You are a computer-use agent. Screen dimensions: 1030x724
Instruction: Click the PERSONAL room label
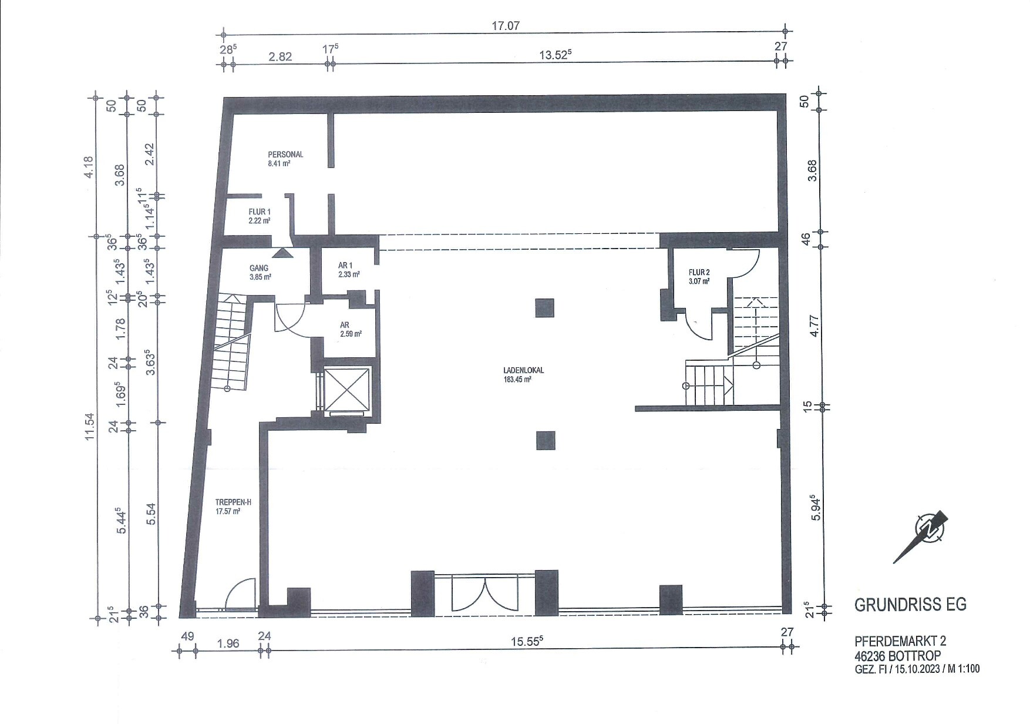pyautogui.click(x=285, y=155)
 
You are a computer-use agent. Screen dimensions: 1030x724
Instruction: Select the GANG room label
pyautogui.click(x=259, y=268)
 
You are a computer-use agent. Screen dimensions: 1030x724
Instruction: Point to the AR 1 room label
pyautogui.click(x=345, y=265)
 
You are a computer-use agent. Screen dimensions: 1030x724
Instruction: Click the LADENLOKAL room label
pyautogui.click(x=524, y=371)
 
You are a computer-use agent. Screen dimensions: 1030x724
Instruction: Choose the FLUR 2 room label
pyautogui.click(x=699, y=273)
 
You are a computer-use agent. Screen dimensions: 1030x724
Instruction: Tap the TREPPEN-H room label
pyautogui.click(x=234, y=502)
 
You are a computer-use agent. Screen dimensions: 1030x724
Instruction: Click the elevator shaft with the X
pyautogui.click(x=347, y=390)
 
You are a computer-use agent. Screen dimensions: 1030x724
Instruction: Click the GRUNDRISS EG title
pyautogui.click(x=910, y=605)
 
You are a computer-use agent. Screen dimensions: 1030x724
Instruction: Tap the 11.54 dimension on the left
pyautogui.click(x=89, y=427)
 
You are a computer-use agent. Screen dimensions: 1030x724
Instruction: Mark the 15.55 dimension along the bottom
pyautogui.click(x=526, y=642)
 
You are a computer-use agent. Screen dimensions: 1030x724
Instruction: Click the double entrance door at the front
pyautogui.click(x=484, y=594)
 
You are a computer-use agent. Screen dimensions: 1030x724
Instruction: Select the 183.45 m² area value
pyautogui.click(x=517, y=380)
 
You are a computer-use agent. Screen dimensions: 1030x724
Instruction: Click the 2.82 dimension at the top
pyautogui.click(x=280, y=57)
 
